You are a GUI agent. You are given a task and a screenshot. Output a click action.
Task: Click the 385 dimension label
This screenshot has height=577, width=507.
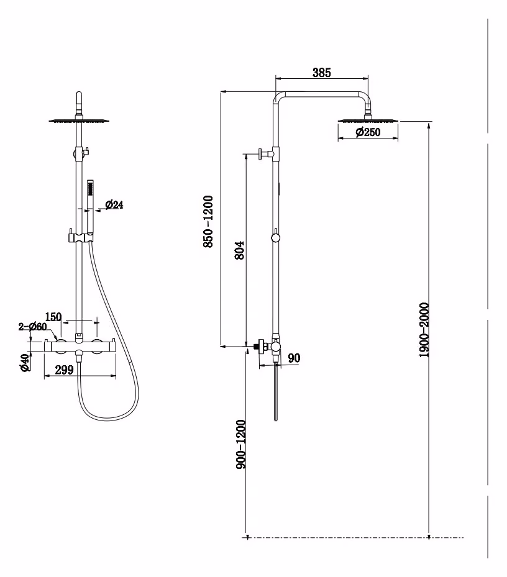322,73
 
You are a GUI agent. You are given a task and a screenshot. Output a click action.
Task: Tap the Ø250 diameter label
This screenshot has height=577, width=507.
368,132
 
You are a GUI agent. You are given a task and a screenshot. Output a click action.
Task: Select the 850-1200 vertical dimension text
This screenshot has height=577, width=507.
208,222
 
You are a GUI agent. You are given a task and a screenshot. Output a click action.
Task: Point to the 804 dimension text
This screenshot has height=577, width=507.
239,250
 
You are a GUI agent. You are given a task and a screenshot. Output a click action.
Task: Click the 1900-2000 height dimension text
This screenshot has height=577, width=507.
424,330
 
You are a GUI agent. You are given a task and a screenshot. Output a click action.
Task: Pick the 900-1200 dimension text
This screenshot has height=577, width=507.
241,444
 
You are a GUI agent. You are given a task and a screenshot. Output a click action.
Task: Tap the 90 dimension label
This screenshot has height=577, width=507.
294,358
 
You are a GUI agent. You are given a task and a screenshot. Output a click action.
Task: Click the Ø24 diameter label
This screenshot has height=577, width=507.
114,204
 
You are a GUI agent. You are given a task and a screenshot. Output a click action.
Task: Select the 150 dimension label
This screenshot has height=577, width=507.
53,317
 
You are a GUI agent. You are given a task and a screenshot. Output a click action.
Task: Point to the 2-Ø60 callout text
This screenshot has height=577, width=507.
32,327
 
